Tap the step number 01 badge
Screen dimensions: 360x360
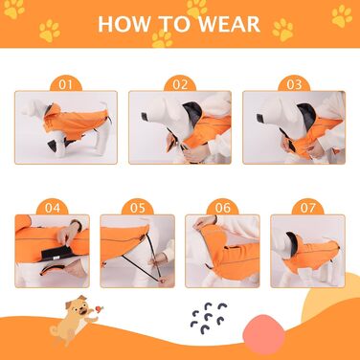(x=66, y=84)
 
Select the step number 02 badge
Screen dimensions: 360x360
(x=180, y=84)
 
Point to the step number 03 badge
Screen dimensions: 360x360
(x=294, y=84)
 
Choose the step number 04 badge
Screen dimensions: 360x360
(x=53, y=208)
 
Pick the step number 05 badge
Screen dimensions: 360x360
(x=138, y=208)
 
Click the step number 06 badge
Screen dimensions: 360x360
(x=223, y=208)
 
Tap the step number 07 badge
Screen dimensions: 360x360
(x=308, y=208)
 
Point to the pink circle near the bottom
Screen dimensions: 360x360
(x=263, y=331)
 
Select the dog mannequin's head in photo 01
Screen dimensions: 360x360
(x=34, y=107)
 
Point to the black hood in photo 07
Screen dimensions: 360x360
(x=291, y=240)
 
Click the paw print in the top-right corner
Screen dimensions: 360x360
(x=342, y=15)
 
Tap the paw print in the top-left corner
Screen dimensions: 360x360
(x=14, y=9)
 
